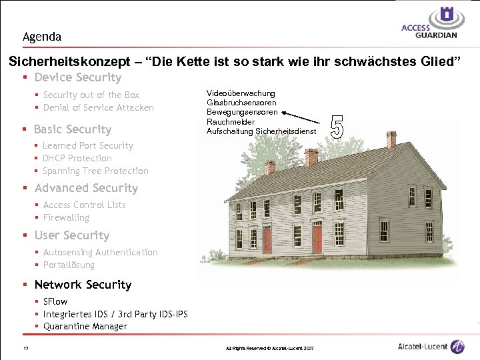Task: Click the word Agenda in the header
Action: coord(41,37)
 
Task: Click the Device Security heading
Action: coord(77,78)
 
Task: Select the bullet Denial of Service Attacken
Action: coord(98,107)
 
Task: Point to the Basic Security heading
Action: coord(73,129)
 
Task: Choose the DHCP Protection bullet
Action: coord(77,158)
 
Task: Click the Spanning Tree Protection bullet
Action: coord(95,171)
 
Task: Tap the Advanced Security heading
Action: coord(86,188)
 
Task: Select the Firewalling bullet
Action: coord(66,217)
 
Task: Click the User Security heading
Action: coord(71,235)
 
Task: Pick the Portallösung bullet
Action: coord(69,265)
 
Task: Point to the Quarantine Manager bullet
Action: coord(85,326)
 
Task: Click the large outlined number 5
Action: coord(337,127)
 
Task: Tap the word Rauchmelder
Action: coord(231,121)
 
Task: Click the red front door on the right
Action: coord(317,237)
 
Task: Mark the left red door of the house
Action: coord(267,239)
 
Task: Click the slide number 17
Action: coord(25,349)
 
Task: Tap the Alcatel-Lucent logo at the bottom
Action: coord(430,347)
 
